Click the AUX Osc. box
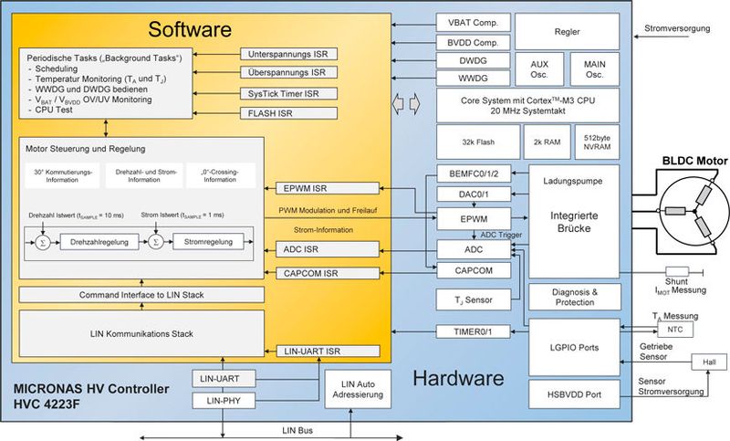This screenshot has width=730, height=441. click(x=546, y=68)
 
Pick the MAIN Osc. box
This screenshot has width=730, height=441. click(x=594, y=68)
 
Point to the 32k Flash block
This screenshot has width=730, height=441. click(x=476, y=142)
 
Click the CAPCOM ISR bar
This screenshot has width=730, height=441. click(x=326, y=273)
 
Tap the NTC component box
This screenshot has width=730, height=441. click(x=674, y=330)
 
